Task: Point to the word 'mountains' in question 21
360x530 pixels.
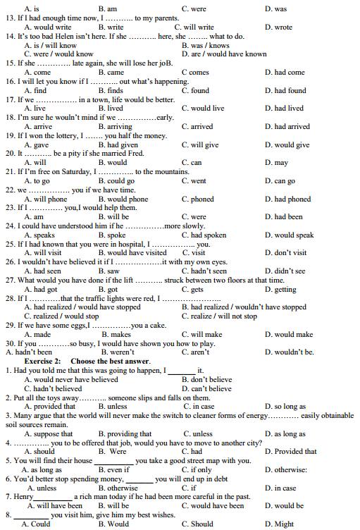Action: (x=161, y=171)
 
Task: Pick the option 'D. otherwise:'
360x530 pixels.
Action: (x=286, y=469)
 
